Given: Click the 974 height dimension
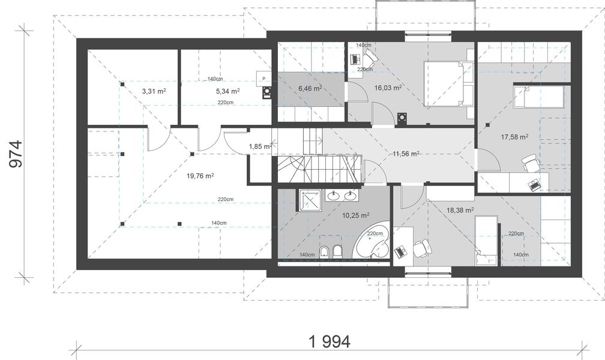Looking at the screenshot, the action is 16,154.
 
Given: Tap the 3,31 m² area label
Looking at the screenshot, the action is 154,91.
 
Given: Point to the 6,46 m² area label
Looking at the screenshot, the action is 310,88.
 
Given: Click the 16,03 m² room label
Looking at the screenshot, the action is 388,88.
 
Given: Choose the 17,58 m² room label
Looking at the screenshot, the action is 515,137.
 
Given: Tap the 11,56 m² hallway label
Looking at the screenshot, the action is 406,154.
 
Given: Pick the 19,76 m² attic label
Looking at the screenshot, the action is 200,176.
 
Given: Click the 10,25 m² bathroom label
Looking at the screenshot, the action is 356,215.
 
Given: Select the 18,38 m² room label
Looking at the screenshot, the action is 460,210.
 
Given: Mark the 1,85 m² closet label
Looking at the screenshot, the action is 260,146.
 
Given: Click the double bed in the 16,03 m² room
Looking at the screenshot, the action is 448,83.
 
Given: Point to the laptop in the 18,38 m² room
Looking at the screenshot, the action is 401,251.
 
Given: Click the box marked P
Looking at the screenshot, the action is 264,79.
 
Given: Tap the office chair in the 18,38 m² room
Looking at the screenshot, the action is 422,248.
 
